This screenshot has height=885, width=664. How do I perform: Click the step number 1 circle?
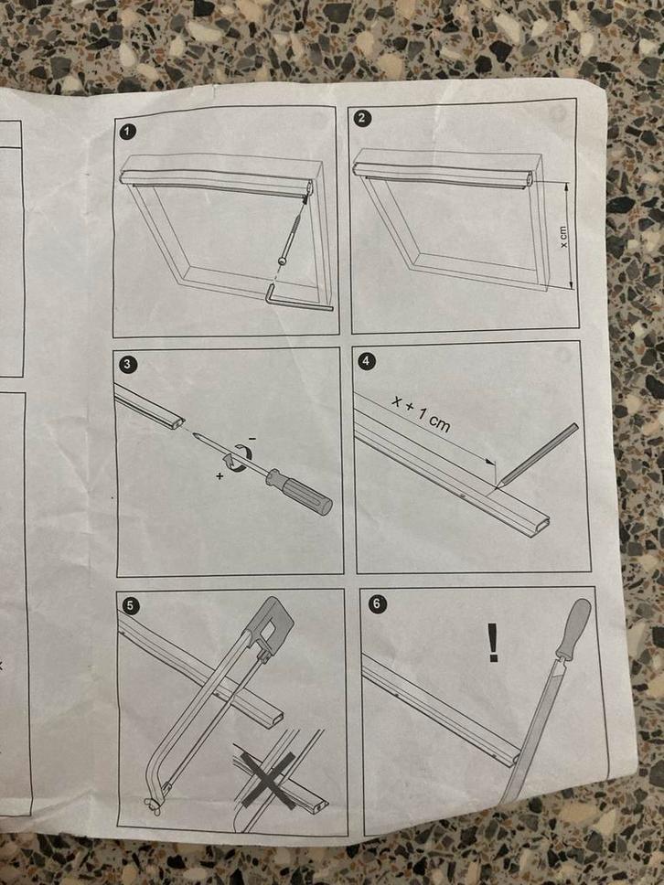(129, 132)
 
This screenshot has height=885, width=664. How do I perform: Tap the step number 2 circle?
(362, 118)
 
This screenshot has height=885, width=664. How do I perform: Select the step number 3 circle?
(127, 364)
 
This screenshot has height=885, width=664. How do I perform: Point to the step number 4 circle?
(368, 360)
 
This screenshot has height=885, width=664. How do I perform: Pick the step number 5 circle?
(131, 606)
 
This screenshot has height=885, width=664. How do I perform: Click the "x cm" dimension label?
(562, 237)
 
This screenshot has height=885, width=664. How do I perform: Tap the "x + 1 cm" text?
(422, 414)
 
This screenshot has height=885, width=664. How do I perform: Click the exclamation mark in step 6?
(493, 643)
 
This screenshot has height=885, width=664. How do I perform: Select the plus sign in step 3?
(220, 476)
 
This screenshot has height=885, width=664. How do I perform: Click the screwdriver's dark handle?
(299, 492)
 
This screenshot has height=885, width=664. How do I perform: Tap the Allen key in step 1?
(297, 300)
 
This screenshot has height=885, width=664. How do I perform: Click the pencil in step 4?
(536, 455)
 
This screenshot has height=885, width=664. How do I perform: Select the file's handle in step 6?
(574, 628)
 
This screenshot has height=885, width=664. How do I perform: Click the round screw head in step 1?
(282, 261)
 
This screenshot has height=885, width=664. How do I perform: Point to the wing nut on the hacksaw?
(151, 806)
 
